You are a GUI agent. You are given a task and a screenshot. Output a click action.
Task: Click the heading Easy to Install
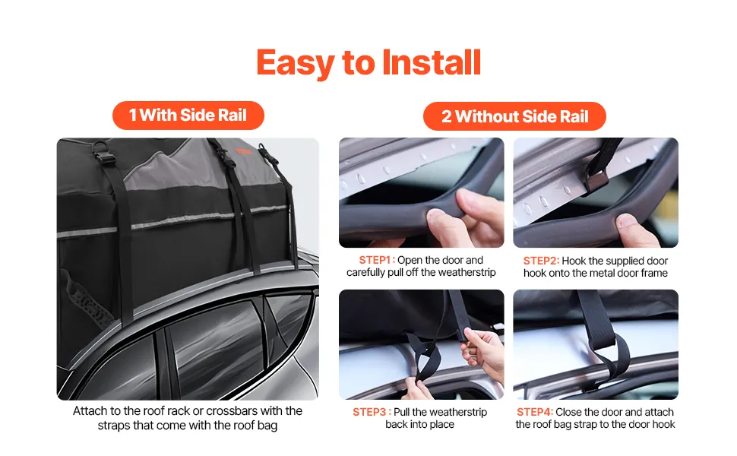click(x=369, y=63)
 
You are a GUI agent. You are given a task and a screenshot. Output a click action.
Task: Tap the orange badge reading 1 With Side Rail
click(x=188, y=116)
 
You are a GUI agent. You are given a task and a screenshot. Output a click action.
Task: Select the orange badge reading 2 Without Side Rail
click(x=514, y=116)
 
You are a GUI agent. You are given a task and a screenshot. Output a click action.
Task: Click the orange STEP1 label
click(x=375, y=260)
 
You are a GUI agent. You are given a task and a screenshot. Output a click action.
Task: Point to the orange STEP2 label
click(x=540, y=261)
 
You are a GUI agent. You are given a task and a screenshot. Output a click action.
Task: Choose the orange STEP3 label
click(x=369, y=412)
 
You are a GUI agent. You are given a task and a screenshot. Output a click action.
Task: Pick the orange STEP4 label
click(x=534, y=412)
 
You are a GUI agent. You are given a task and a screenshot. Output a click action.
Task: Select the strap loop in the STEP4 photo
click(x=609, y=356)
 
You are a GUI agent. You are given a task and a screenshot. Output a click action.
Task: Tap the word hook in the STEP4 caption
click(x=663, y=425)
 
